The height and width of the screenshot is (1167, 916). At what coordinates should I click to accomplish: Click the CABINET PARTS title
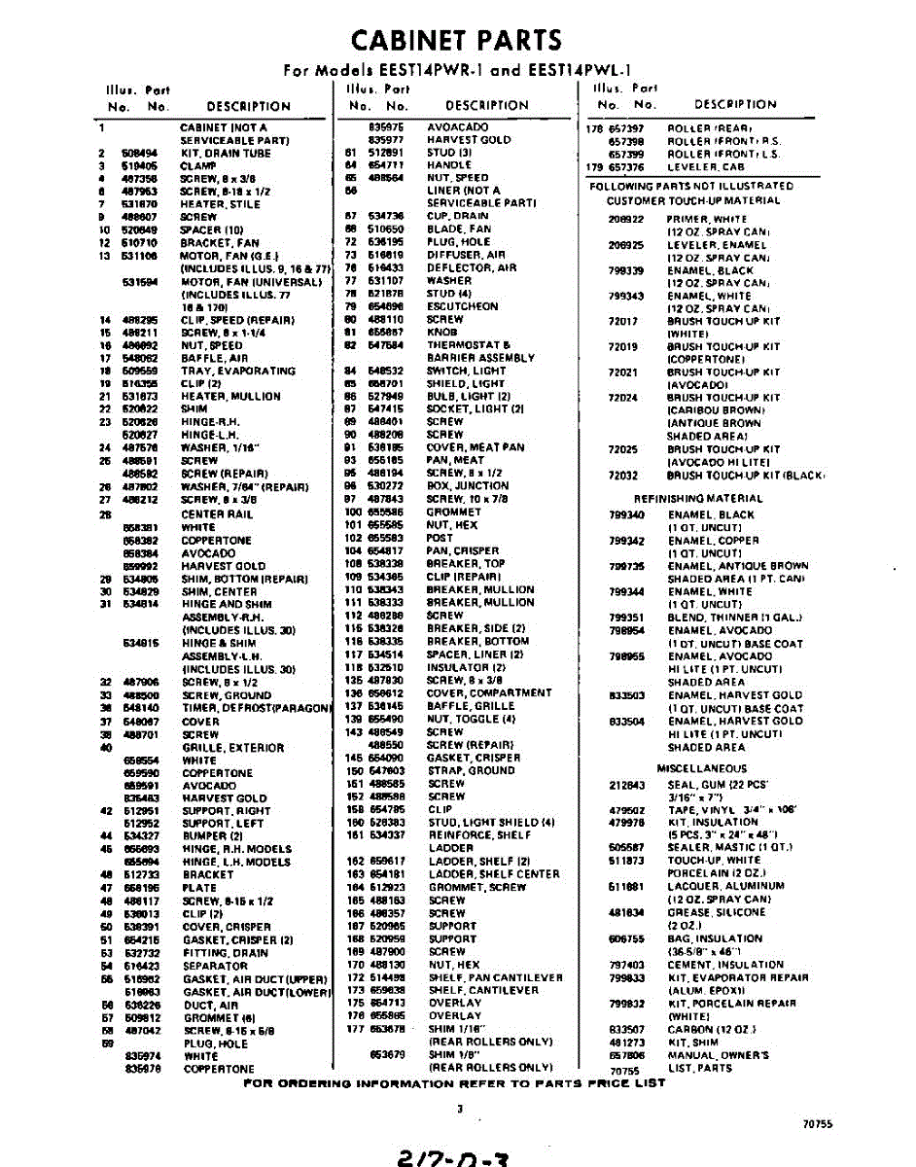click(x=456, y=40)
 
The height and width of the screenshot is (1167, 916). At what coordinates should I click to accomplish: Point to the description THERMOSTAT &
click(x=470, y=344)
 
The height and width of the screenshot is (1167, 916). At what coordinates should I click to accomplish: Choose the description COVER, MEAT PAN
click(x=476, y=446)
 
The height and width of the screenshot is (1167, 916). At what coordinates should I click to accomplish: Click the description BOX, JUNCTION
click(x=467, y=485)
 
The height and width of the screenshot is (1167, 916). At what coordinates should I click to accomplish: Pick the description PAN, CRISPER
click(x=462, y=550)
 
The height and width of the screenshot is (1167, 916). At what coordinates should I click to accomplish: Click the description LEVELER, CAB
click(x=705, y=166)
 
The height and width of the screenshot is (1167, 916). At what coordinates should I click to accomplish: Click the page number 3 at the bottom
click(x=459, y=1108)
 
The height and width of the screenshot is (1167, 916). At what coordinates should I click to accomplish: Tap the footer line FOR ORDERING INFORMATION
click(x=454, y=1082)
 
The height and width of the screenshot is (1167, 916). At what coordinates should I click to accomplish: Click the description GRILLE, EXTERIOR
click(x=233, y=748)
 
